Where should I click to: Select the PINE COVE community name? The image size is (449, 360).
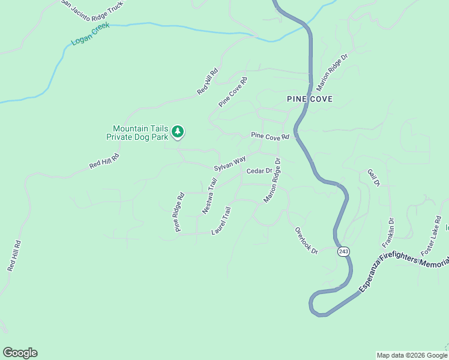[309, 99]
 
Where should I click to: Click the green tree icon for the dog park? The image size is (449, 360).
[177, 131]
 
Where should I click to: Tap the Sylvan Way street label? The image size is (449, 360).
[231, 163]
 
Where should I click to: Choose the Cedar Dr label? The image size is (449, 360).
[259, 171]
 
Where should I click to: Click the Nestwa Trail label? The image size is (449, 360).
[209, 196]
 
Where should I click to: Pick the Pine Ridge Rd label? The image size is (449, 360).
[179, 212]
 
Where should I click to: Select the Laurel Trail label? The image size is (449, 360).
[221, 221]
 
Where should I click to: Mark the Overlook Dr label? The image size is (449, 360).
[306, 240]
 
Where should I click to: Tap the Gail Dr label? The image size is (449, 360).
[374, 178]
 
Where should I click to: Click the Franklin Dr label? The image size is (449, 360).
[388, 233]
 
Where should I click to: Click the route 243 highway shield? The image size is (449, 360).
[343, 251]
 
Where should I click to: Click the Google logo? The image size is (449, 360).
[20, 353]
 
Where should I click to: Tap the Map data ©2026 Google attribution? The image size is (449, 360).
[412, 355]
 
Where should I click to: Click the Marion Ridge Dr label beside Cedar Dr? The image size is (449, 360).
[273, 180]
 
